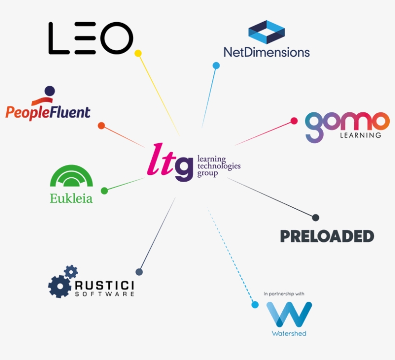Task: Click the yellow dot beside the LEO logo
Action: (x=138, y=53)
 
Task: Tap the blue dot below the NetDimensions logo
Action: (x=216, y=66)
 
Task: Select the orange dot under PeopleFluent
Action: (x=101, y=126)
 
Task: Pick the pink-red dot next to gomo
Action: (x=294, y=121)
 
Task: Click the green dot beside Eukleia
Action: (x=105, y=191)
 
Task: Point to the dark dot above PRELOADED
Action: (x=316, y=217)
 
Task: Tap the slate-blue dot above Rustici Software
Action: (x=139, y=272)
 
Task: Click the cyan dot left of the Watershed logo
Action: (x=255, y=305)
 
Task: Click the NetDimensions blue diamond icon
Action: (x=266, y=32)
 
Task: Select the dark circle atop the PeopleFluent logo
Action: (x=50, y=91)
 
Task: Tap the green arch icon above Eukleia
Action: (x=72, y=176)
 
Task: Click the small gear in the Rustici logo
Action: (x=71, y=272)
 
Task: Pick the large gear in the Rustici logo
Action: (x=60, y=287)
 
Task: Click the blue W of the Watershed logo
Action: (x=289, y=314)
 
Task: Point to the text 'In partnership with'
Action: (x=284, y=293)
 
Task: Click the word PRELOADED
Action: (x=327, y=236)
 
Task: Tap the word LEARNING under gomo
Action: (x=360, y=135)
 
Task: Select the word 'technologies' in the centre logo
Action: (x=219, y=166)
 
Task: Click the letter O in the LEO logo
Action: (x=117, y=38)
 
